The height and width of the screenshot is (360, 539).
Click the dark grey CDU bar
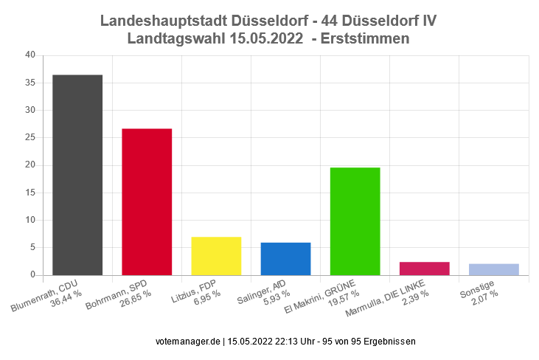tap(77, 175)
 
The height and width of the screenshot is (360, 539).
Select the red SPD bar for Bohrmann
tap(147, 202)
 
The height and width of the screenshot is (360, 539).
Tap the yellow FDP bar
tap(216, 256)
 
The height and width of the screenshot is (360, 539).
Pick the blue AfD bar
tap(285, 259)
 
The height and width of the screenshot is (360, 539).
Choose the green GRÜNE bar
tap(355, 221)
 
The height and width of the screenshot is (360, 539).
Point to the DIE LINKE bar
tap(424, 269)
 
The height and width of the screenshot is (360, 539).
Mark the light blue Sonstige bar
tap(493, 269)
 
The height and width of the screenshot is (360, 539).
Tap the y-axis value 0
tap(32, 275)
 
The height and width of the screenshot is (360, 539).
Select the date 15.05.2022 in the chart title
tap(267, 38)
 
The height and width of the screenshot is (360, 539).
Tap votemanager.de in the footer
tap(189, 342)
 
